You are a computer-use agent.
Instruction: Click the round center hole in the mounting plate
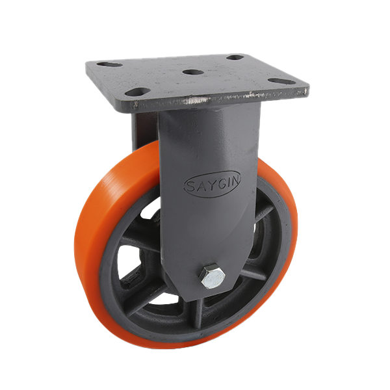[193, 72]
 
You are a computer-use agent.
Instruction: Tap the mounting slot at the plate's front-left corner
[138, 92]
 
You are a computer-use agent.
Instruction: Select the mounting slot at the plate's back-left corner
[109, 64]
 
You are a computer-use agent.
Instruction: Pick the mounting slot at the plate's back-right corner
[235, 57]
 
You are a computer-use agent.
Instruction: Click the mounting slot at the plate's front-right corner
[283, 81]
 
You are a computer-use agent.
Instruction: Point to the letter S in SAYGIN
[191, 187]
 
